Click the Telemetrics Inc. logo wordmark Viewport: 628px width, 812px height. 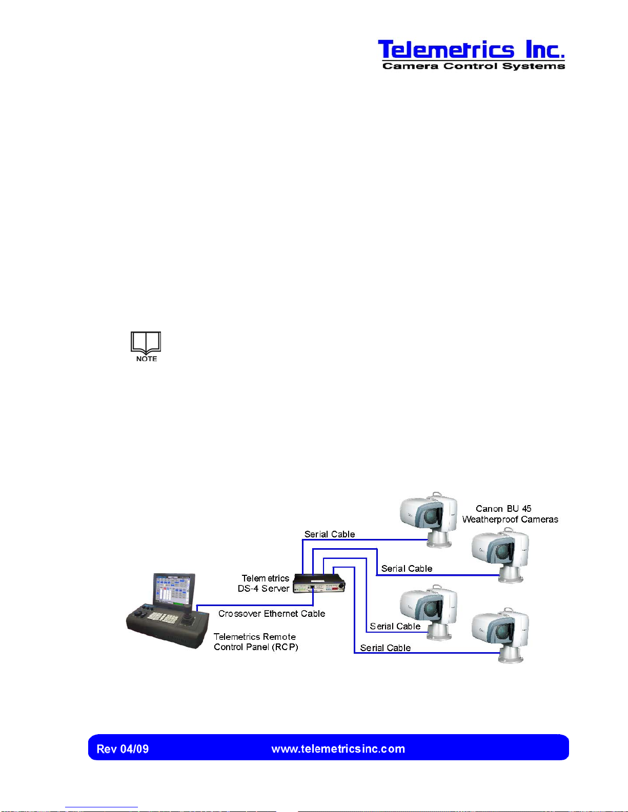pyautogui.click(x=471, y=50)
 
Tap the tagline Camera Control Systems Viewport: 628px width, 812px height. pyautogui.click(x=474, y=66)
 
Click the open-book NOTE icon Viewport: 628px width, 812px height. pyautogui.click(x=146, y=346)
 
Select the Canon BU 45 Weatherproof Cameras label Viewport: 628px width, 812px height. pyautogui.click(x=510, y=514)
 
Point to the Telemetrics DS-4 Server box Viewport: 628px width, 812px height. pyautogui.click(x=319, y=584)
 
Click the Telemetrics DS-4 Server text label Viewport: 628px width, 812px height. pyautogui.click(x=264, y=584)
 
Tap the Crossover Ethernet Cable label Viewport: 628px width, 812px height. pyautogui.click(x=272, y=614)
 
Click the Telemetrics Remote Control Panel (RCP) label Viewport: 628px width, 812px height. pyautogui.click(x=255, y=642)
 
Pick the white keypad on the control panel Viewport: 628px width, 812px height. pyautogui.click(x=163, y=618)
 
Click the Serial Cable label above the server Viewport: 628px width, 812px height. pyautogui.click(x=329, y=534)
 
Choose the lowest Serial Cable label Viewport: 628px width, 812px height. pyautogui.click(x=385, y=648)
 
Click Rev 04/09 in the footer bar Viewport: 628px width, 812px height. pyautogui.click(x=123, y=749)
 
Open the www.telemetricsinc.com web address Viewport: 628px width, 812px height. pyautogui.click(x=338, y=749)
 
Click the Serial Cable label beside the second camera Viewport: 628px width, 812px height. pyautogui.click(x=407, y=569)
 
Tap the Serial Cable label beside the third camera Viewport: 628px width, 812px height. pyautogui.click(x=395, y=627)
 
